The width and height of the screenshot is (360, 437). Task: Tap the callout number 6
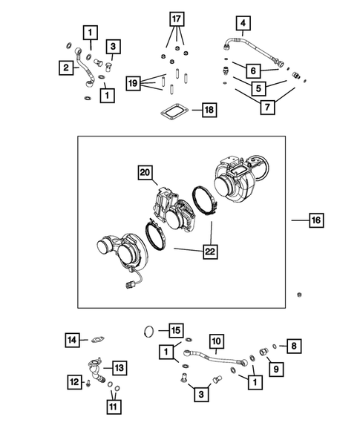(x=252, y=70)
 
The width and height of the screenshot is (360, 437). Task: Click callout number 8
(x=295, y=345)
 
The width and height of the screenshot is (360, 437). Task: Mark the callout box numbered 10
(x=215, y=341)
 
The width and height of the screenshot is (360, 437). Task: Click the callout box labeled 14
(x=71, y=340)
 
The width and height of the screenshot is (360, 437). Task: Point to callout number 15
(x=175, y=329)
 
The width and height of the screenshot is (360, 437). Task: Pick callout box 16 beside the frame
(x=316, y=220)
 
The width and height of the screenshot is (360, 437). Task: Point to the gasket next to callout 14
(x=97, y=341)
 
